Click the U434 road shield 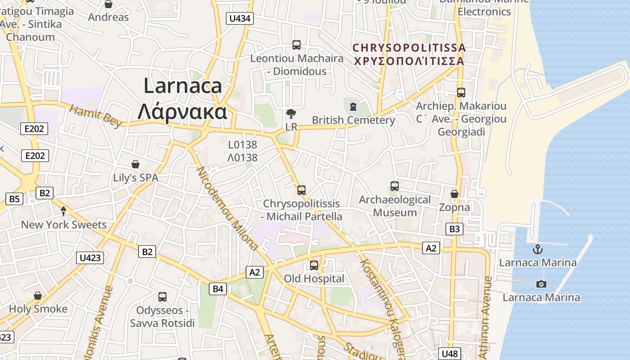pos(241,18)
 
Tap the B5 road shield pos(15,198)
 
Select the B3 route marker pos(454,229)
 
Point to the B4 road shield pos(218,289)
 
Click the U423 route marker pos(90,258)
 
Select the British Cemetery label pos(353,120)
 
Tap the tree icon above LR pos(291,113)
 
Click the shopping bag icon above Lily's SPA pos(135,164)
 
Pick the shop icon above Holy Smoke pos(38,296)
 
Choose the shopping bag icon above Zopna pos(454,194)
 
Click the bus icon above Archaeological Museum pos(395,186)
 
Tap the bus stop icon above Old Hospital pos(314,265)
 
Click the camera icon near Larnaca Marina pos(541,284)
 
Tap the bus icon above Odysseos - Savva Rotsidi pos(162,297)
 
